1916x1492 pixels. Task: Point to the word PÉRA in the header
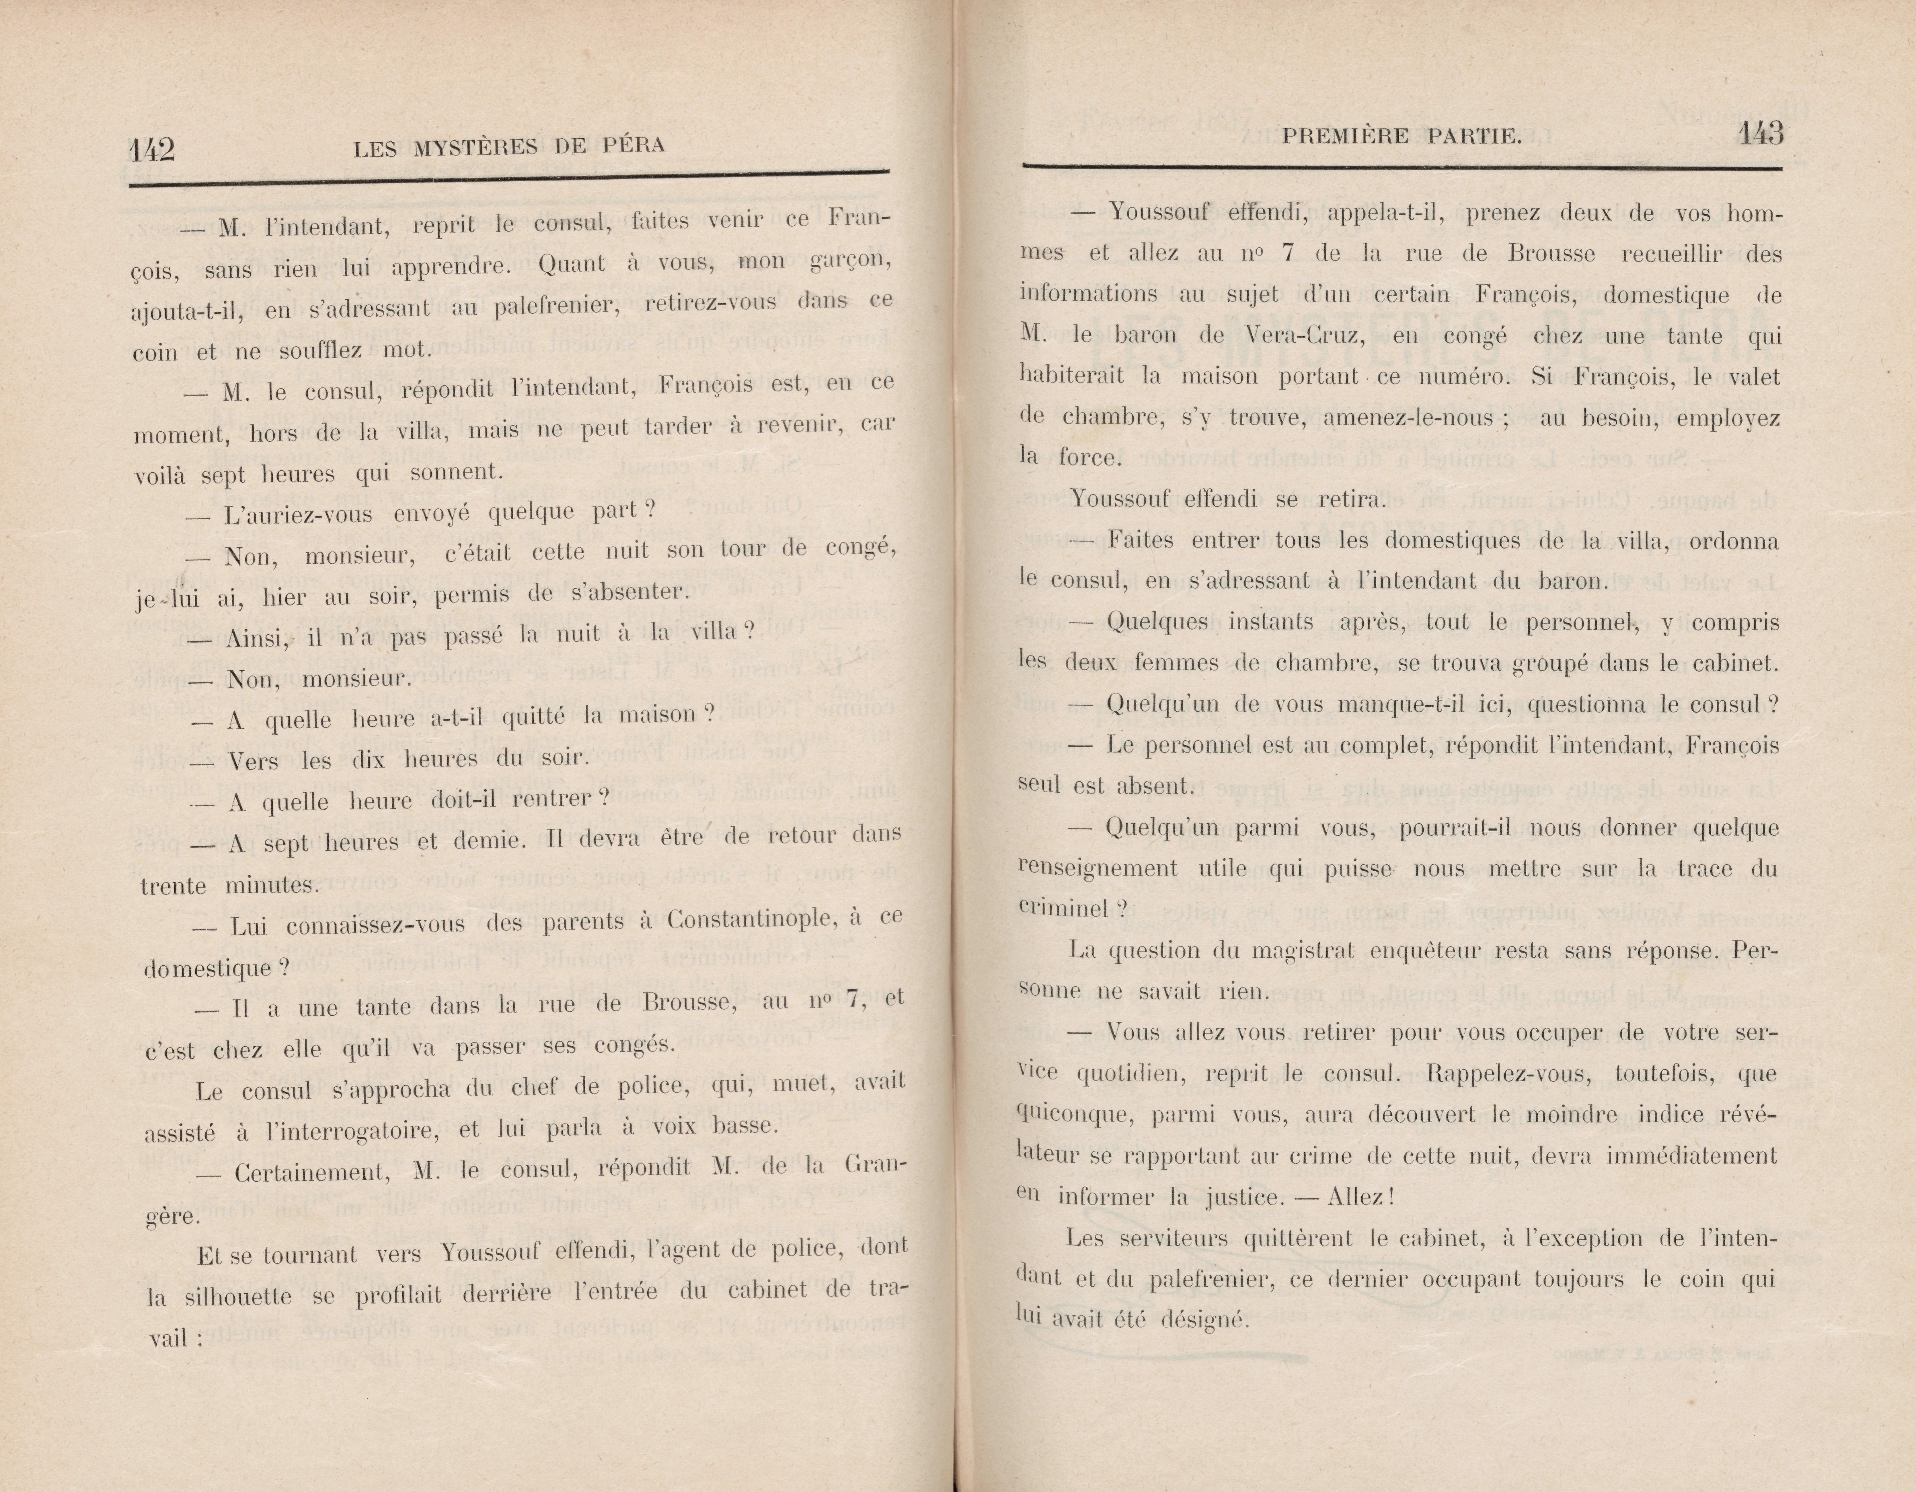(x=633, y=144)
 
